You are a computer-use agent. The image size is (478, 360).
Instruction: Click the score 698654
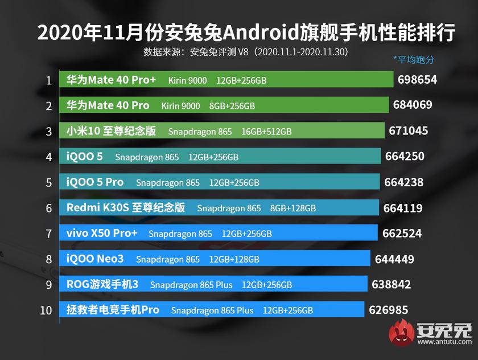[418, 80]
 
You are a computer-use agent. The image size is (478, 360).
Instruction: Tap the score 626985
[389, 310]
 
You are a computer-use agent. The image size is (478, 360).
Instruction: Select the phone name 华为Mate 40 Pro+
[111, 80]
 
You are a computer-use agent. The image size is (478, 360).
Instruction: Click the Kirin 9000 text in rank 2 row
[180, 106]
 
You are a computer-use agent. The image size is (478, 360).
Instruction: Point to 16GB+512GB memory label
[266, 132]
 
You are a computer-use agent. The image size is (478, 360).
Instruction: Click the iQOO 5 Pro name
[95, 182]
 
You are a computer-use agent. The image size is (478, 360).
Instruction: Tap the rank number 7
[49, 234]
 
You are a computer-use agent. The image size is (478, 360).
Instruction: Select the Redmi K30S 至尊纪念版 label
[126, 208]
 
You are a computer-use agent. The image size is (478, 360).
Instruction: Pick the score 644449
[394, 259]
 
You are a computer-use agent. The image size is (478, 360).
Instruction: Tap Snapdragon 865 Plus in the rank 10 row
[212, 310]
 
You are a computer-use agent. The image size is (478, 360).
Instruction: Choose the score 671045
[409, 131]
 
